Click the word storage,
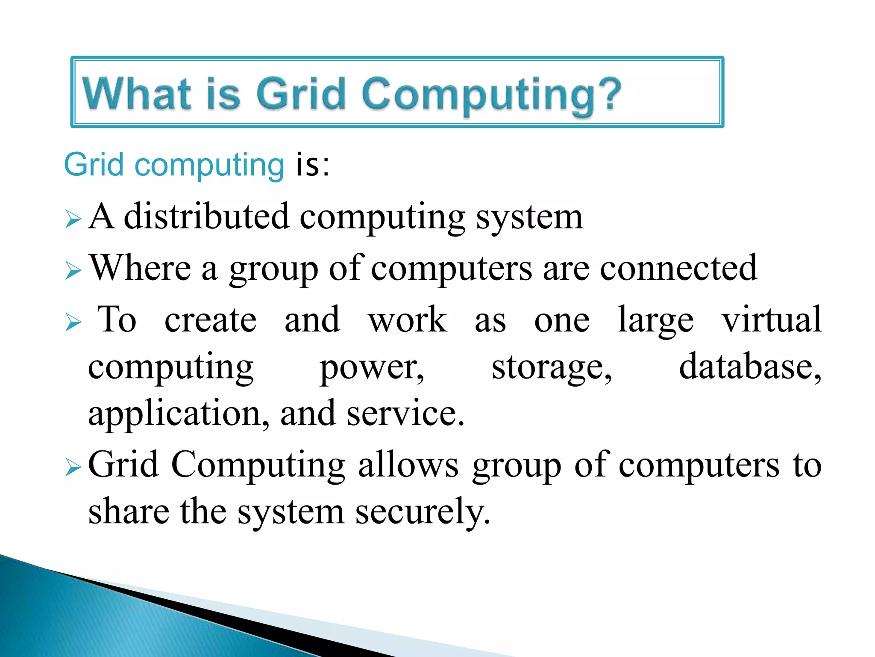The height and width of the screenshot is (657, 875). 552,368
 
